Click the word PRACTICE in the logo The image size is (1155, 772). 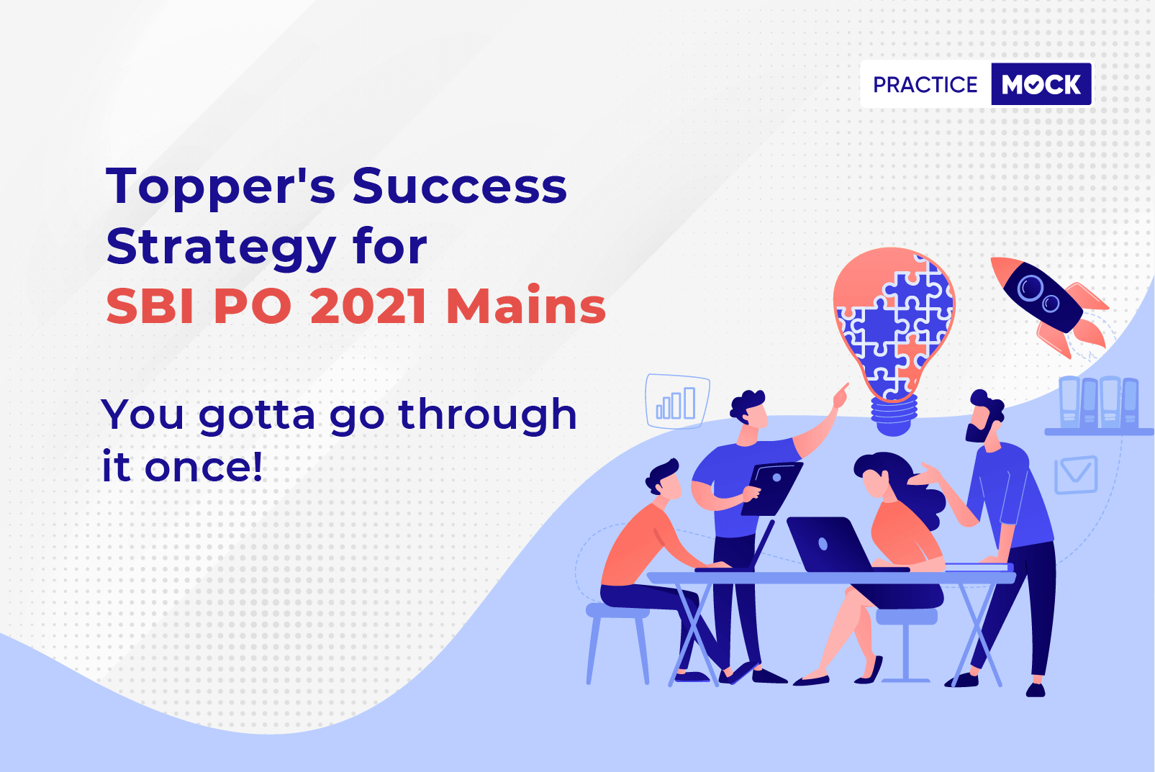pyautogui.click(x=925, y=84)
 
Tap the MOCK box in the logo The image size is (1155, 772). pyautogui.click(x=1041, y=84)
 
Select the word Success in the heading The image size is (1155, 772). pyautogui.click(x=459, y=186)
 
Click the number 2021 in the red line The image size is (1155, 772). pyautogui.click(x=368, y=306)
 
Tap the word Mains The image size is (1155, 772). pyautogui.click(x=526, y=306)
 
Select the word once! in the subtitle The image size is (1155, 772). pyautogui.click(x=204, y=467)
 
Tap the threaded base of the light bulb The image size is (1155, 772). pyautogui.click(x=894, y=415)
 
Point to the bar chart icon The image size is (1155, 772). pyautogui.click(x=678, y=401)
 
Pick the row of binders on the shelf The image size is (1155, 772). pyautogui.click(x=1099, y=402)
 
